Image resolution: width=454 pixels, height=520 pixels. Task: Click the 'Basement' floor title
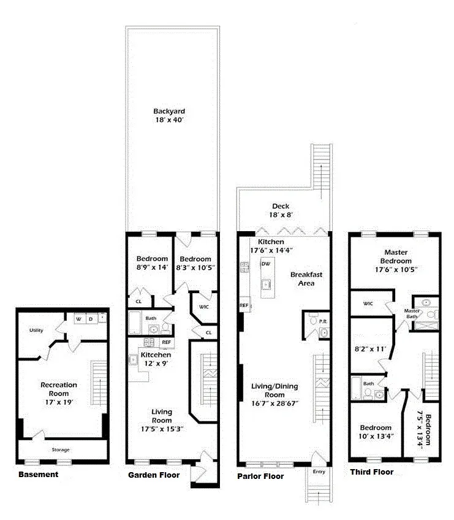[38, 475]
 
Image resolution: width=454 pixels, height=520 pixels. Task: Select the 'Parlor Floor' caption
[260, 476]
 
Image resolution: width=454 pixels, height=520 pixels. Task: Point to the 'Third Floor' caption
[371, 472]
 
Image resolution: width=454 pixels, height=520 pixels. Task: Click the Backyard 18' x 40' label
[169, 116]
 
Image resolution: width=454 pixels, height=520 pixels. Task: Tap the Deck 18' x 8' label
[281, 210]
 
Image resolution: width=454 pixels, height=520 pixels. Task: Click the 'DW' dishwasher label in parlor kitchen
[265, 264]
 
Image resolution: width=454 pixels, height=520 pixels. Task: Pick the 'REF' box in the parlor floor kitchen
[243, 305]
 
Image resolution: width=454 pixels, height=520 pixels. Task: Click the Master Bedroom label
[396, 261]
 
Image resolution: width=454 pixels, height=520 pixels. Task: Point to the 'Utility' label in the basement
[36, 331]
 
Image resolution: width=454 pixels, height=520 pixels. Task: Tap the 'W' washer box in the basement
[78, 319]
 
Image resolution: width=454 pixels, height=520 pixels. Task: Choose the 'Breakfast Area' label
[303, 279]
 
